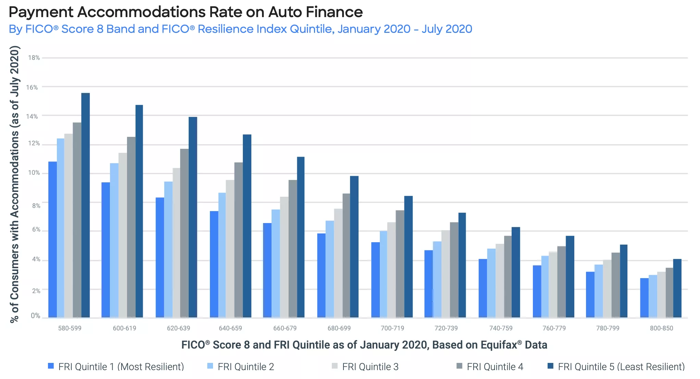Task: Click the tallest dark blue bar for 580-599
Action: coord(85,205)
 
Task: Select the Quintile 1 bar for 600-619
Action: coord(105,250)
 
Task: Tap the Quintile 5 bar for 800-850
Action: coord(677,288)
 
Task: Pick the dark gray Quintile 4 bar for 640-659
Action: coord(238,239)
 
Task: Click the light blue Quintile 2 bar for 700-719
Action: coord(383,274)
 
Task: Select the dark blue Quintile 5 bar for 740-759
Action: coord(515,272)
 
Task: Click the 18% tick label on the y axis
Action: coord(34,58)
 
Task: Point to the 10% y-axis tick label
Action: coord(34,173)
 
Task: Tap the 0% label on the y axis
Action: coord(35,315)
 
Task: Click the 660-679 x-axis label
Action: coord(285,328)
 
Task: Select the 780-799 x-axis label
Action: coord(608,328)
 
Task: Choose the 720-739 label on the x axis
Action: coord(446,328)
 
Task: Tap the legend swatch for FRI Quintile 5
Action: coord(550,366)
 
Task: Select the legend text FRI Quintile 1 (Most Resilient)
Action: coord(121,367)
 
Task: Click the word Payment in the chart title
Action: coord(41,12)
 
